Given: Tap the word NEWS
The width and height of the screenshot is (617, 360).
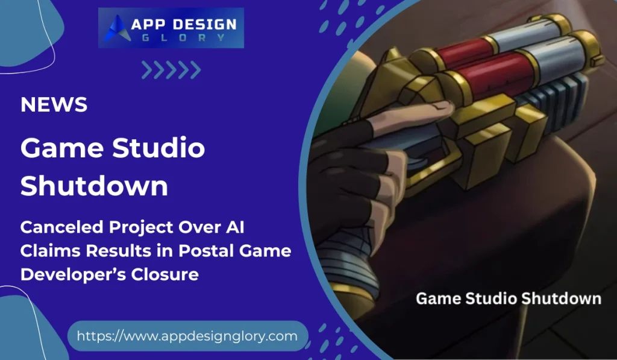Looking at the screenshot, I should click(54, 104).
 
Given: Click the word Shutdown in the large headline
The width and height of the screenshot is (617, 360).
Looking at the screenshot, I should click(94, 185).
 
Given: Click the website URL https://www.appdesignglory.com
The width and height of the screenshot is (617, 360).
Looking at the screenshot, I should click(187, 336).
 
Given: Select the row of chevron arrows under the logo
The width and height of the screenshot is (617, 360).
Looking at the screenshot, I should click(171, 70).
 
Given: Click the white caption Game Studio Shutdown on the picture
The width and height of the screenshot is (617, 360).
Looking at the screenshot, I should click(509, 298).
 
